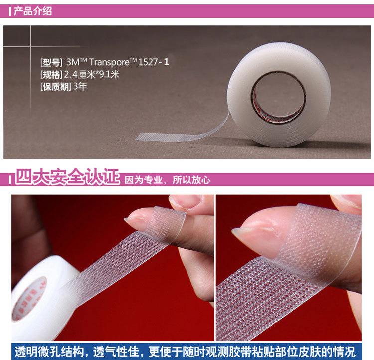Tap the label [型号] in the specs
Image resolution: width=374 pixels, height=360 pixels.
51,63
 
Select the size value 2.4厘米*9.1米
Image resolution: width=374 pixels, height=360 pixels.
92,75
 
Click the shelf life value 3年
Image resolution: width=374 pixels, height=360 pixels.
80,86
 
